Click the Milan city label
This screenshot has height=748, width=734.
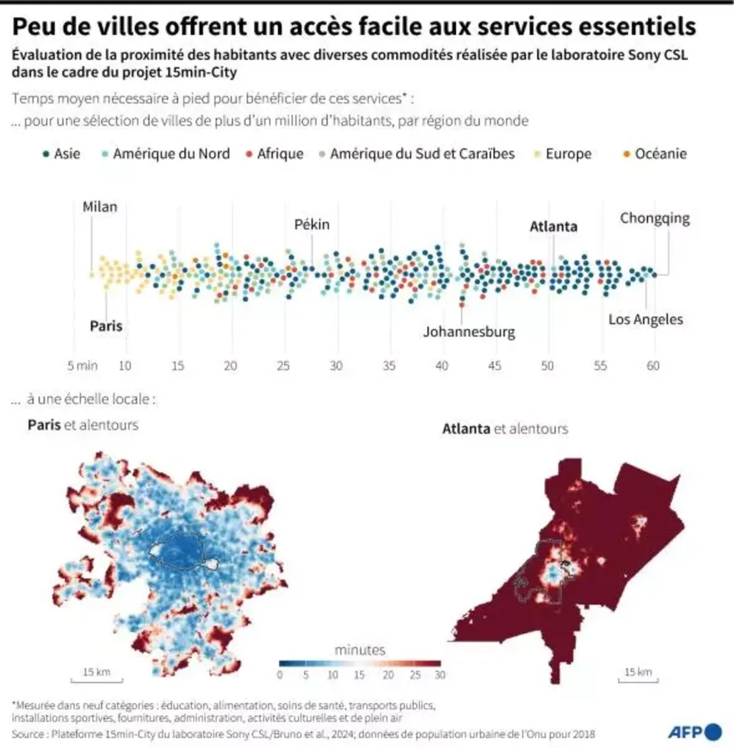click(100, 207)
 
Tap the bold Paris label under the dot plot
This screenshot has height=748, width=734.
click(106, 326)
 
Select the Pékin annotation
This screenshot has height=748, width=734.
click(312, 224)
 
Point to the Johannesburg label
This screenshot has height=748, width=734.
click(469, 332)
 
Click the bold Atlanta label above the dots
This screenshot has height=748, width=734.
click(553, 227)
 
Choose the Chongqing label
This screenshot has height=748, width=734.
click(654, 218)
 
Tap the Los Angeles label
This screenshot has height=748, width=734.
click(646, 319)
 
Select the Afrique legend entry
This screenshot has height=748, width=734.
click(279, 153)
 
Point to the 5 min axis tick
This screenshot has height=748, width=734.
click(82, 366)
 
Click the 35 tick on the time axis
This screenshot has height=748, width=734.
click(389, 366)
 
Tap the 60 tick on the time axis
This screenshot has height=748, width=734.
click(653, 366)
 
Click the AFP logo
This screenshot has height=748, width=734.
click(695, 732)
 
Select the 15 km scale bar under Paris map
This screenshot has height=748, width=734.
click(97, 675)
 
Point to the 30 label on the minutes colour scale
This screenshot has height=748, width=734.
click(439, 675)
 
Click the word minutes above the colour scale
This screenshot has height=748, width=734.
click(360, 650)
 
